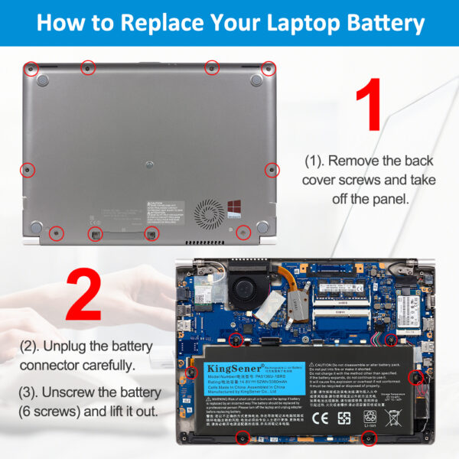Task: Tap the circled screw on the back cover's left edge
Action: point(26,168)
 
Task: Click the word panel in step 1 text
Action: point(389,199)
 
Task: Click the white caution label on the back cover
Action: point(165,207)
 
